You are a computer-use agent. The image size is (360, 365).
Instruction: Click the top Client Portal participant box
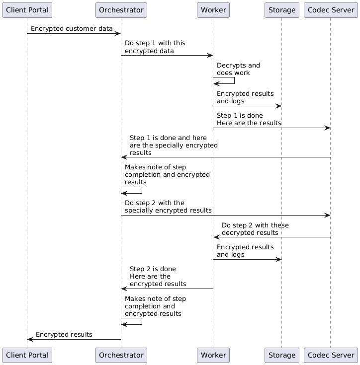pos(27,9)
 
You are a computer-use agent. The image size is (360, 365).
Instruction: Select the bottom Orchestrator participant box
pos(121,355)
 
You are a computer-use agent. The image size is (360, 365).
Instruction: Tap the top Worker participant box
pos(213,9)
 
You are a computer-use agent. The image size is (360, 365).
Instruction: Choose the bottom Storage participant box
pos(281,355)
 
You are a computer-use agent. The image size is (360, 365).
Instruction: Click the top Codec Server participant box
pos(330,9)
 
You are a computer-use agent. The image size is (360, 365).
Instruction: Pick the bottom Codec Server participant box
pos(330,355)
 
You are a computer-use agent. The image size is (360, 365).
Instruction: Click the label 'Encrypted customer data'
pos(72,29)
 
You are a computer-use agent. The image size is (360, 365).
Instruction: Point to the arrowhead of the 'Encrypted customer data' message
pos(118,34)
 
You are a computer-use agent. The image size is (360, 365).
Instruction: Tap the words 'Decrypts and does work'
pos(238,69)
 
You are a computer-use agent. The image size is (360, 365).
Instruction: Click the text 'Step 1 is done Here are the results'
pos(249,119)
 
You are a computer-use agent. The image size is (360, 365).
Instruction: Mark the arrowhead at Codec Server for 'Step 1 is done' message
pos(327,128)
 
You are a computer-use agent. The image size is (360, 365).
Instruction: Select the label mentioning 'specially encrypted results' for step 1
pos(173,145)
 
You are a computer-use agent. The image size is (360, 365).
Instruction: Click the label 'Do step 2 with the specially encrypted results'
pos(168,207)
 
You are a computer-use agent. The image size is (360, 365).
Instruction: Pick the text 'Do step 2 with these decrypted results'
pos(255,229)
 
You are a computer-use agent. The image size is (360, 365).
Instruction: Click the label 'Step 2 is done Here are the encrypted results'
pos(158,276)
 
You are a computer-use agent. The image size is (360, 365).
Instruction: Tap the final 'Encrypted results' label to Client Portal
pos(64,334)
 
